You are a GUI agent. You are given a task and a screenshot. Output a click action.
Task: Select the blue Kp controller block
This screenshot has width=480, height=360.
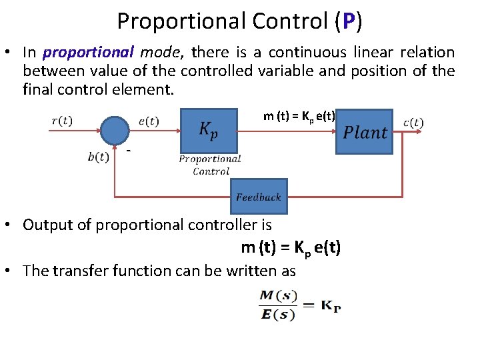209,130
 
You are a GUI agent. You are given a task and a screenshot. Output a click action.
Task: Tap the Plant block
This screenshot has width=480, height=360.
365,132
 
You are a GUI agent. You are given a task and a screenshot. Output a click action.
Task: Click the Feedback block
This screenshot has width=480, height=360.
258,197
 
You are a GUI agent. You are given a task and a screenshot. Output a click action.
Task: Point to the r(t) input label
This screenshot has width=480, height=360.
62,121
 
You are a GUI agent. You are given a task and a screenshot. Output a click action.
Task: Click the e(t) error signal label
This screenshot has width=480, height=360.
149,121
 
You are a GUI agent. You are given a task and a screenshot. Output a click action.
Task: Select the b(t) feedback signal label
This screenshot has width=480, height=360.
98,157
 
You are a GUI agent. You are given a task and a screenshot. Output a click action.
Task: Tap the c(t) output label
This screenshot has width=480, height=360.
413,122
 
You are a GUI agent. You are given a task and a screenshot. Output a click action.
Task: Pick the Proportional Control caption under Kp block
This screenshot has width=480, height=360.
210,165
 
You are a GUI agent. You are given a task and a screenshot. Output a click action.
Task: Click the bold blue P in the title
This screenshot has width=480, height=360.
349,21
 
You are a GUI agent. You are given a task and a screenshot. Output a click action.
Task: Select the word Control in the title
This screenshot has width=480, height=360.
291,21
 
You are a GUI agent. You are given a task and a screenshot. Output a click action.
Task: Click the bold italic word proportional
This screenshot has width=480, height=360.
88,52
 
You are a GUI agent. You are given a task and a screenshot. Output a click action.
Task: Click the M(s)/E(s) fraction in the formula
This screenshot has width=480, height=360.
278,305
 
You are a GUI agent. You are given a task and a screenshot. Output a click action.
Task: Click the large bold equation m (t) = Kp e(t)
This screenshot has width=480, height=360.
291,248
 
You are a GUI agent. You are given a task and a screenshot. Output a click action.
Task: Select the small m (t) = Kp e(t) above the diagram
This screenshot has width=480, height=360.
299,117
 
